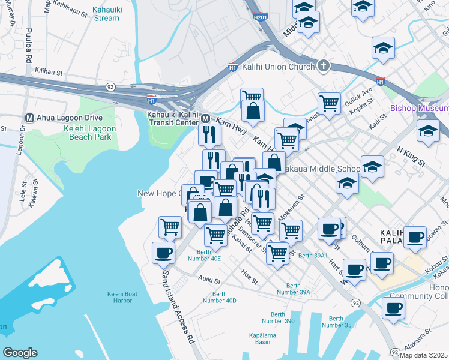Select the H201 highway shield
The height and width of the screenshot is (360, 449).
click(x=259, y=18)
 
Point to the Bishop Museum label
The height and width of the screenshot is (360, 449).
click(x=419, y=109)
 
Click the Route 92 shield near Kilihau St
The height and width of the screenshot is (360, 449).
click(x=110, y=86)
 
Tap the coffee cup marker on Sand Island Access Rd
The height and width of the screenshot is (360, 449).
click(x=163, y=253)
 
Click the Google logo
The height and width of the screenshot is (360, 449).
click(x=20, y=353)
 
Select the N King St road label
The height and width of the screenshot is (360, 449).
click(x=411, y=155)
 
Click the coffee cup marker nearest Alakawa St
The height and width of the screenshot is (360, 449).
click(x=393, y=308)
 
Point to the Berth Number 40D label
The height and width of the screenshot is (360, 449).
click(x=224, y=297)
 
